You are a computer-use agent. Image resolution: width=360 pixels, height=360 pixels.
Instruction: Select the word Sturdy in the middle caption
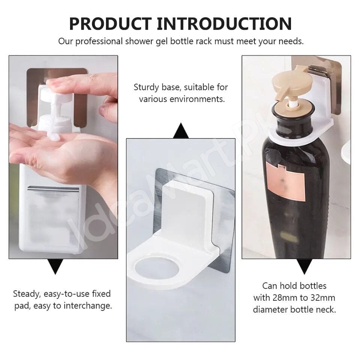click(147, 87)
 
